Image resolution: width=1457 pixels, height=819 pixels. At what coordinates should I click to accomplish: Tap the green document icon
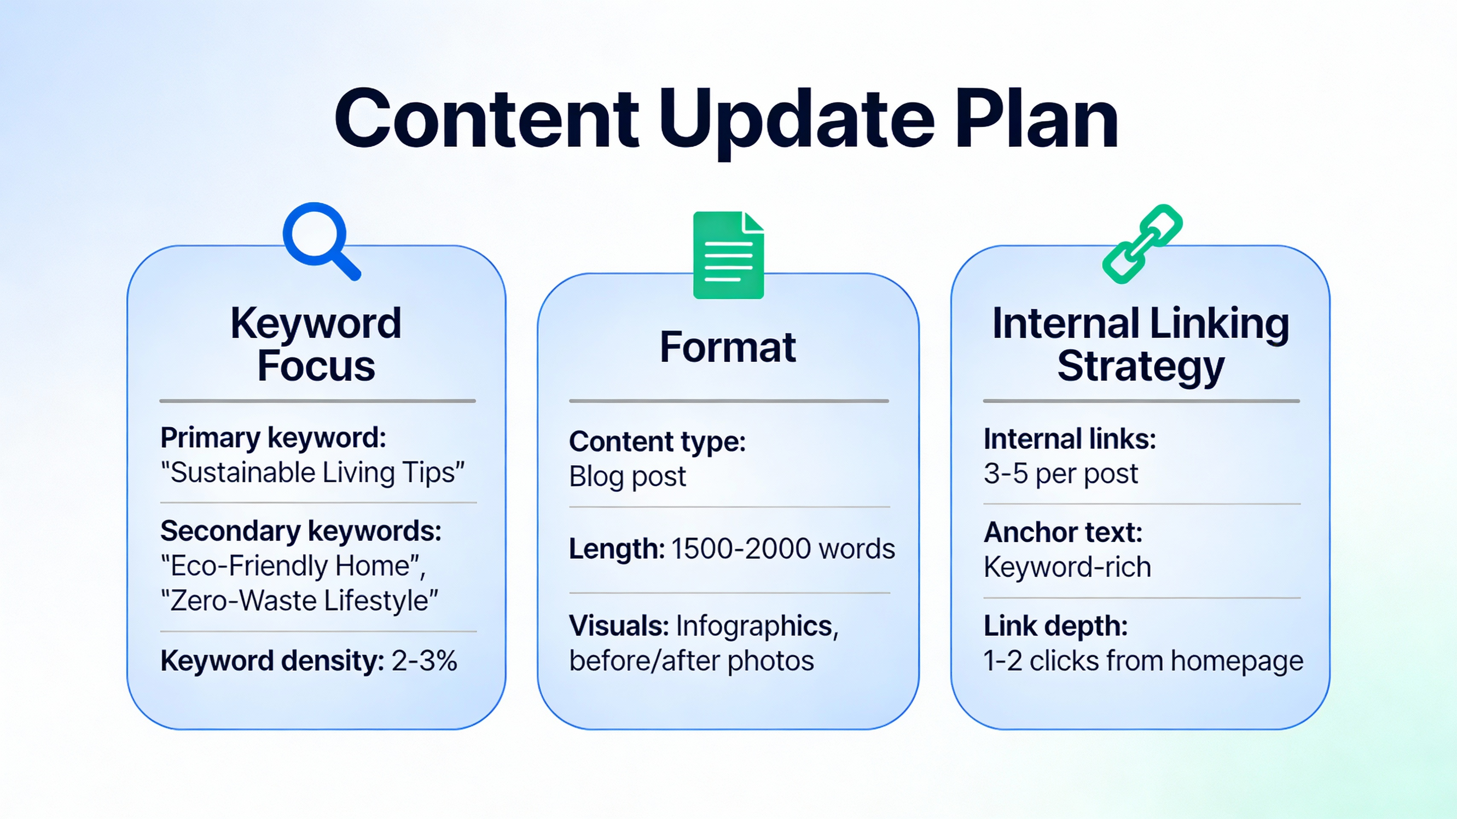(x=728, y=255)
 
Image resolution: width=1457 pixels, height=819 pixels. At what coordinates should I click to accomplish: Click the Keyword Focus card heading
(x=316, y=344)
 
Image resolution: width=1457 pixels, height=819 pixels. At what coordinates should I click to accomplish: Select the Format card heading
(x=728, y=347)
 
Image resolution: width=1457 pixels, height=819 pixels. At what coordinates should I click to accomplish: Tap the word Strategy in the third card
(x=1141, y=366)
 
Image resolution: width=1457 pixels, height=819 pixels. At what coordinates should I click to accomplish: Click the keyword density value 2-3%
(x=424, y=661)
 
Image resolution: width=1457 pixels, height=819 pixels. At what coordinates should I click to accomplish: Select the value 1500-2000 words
(x=783, y=549)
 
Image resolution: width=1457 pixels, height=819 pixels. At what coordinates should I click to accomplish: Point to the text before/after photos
(x=691, y=661)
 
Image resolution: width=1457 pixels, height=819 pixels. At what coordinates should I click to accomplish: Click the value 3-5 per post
(x=1060, y=473)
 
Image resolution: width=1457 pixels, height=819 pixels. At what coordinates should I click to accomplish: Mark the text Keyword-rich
(x=1067, y=567)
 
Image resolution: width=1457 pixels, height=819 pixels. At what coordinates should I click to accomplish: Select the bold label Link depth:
(x=1055, y=626)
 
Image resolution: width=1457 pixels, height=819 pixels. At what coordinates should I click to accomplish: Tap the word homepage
(x=1237, y=661)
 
